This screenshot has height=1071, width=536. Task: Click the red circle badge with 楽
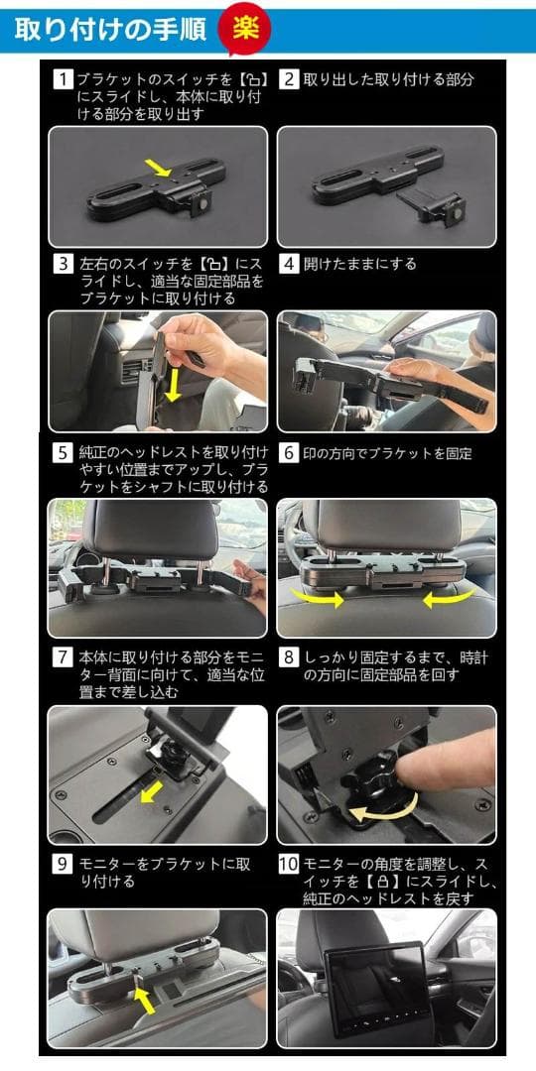pos(244,28)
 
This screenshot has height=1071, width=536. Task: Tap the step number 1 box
pos(63,79)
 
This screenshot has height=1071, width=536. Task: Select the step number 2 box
pos(289,79)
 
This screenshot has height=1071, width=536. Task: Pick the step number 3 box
pos(63,265)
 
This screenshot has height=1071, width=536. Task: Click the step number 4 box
pos(289,265)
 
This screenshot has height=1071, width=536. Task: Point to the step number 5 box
pos(63,453)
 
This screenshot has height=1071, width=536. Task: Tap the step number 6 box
pos(289,453)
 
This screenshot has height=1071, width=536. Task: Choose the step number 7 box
pos(63,657)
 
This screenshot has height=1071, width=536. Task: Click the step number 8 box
pos(289,657)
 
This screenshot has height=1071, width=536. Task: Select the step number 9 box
pos(63,863)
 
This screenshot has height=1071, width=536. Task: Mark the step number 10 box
pos(289,863)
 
